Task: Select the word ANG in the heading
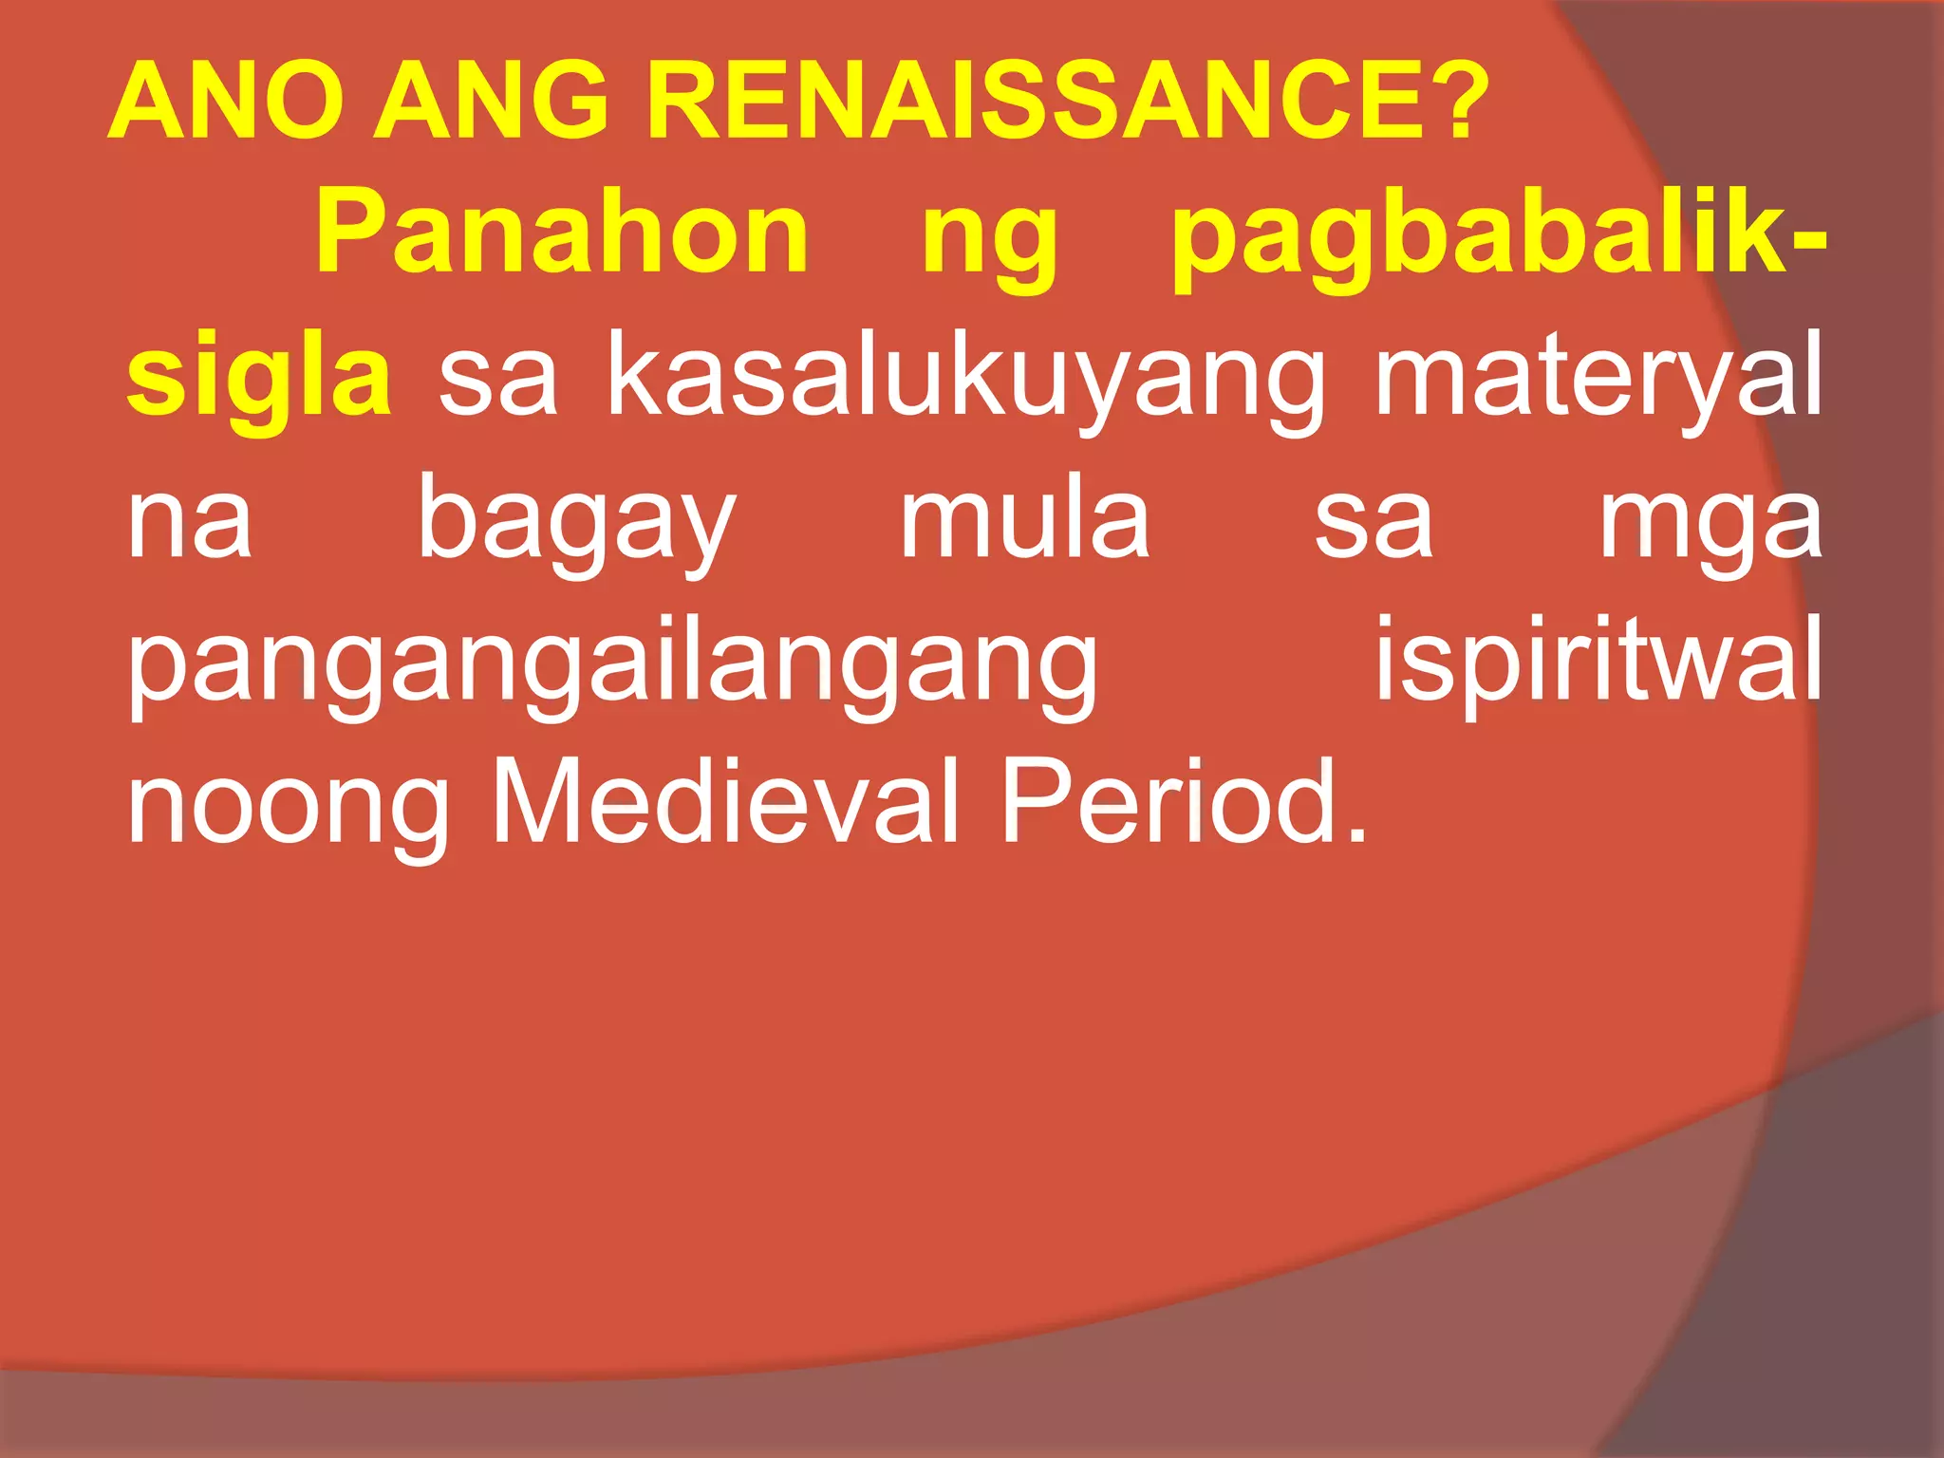point(491,101)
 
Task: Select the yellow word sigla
point(259,381)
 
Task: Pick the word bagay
point(576,523)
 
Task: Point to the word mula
point(1025,518)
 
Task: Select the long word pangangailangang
point(613,665)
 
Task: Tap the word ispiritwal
point(1598,661)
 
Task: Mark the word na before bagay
point(190,523)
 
